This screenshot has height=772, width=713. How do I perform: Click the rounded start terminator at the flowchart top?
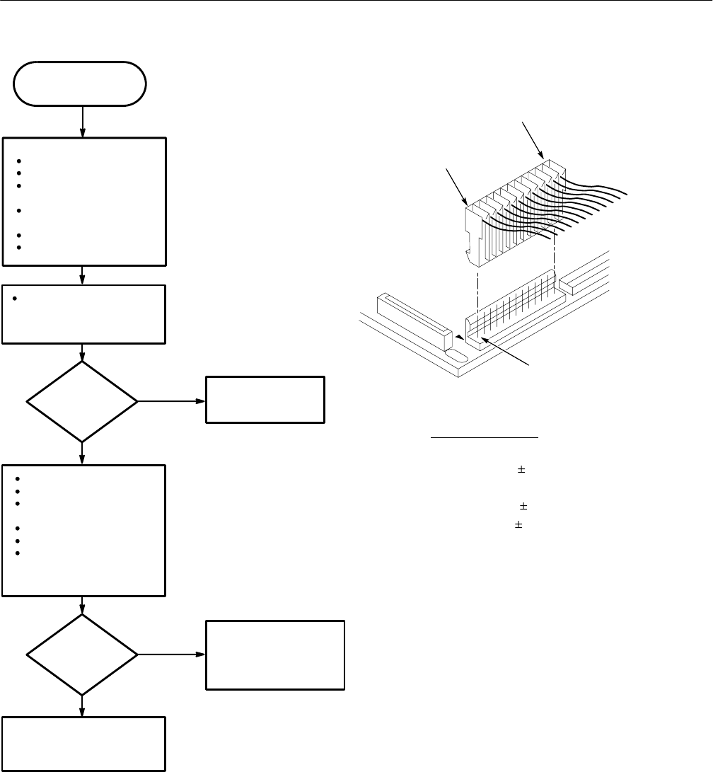coord(80,83)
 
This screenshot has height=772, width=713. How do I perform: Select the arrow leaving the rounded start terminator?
coord(83,121)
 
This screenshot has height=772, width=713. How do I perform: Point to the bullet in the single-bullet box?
coord(14,296)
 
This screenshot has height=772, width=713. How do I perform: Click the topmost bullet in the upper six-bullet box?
coord(14,160)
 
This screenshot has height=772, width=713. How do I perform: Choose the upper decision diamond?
coord(83,402)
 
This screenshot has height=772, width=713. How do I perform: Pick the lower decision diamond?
coord(83,655)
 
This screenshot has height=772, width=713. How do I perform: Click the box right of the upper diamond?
coord(265,400)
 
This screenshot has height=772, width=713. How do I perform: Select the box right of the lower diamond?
coord(275,655)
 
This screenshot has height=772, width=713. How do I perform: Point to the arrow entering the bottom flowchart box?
coord(83,705)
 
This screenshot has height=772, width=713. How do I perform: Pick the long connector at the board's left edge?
coord(414,319)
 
